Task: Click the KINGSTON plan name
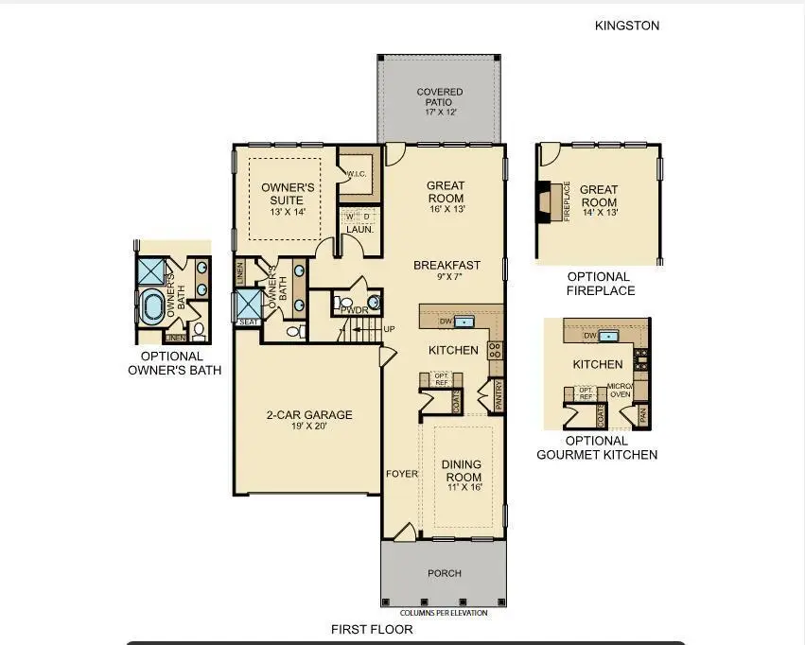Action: [x=627, y=26]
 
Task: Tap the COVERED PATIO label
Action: [x=440, y=97]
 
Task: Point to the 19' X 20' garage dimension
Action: [x=308, y=427]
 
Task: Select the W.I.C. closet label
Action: [x=357, y=174]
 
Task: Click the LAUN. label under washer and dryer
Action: [x=359, y=229]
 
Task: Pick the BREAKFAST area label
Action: [x=446, y=266]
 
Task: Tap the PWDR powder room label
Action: [x=354, y=308]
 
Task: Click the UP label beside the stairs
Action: [x=389, y=329]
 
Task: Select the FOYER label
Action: [x=402, y=474]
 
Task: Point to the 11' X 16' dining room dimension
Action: [x=462, y=487]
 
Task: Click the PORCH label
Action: [x=445, y=573]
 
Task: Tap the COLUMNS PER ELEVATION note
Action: [x=444, y=613]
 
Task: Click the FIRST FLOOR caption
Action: [x=371, y=629]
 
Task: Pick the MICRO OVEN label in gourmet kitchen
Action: [x=620, y=390]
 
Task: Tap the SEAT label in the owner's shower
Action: [x=248, y=322]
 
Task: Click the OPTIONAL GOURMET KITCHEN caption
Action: [x=597, y=447]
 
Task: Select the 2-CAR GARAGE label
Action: [x=308, y=414]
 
